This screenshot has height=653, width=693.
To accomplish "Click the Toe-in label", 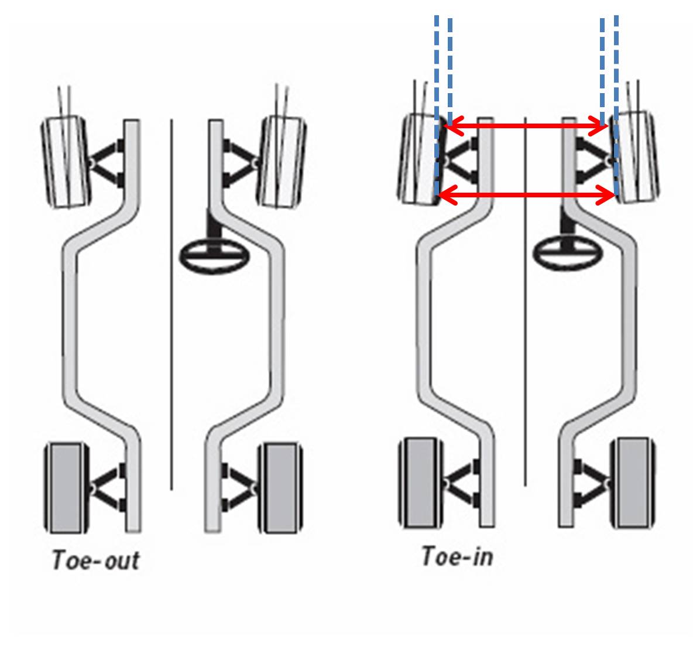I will (457, 556).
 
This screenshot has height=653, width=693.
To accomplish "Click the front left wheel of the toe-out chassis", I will (65, 162).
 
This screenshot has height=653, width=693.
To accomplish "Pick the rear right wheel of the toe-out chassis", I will (280, 488).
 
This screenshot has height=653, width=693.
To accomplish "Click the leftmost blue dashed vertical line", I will (436, 70).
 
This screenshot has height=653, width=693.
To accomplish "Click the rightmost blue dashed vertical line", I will (616, 70).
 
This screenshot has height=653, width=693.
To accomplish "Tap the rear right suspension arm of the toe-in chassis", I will (592, 484).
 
